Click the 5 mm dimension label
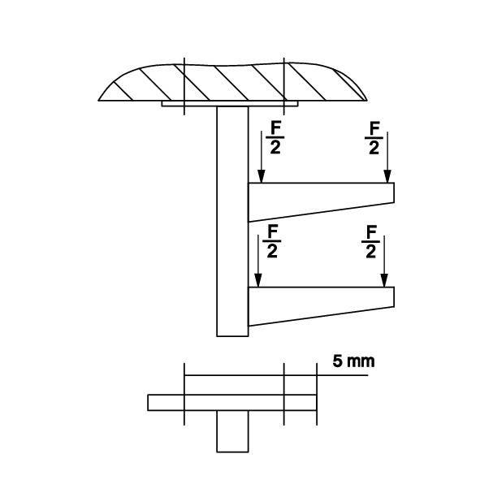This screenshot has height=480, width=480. [353, 361]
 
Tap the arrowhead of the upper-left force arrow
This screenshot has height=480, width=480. [262, 177]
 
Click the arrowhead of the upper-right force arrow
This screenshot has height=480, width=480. [387, 177]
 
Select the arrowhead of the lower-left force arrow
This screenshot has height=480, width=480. [258, 281]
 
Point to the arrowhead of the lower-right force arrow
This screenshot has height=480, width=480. [384, 281]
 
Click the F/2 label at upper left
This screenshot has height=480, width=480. [275, 137]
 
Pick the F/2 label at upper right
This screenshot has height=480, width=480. [374, 138]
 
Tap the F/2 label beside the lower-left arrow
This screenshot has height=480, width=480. [272, 241]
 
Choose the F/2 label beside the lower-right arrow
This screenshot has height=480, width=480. [370, 241]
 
